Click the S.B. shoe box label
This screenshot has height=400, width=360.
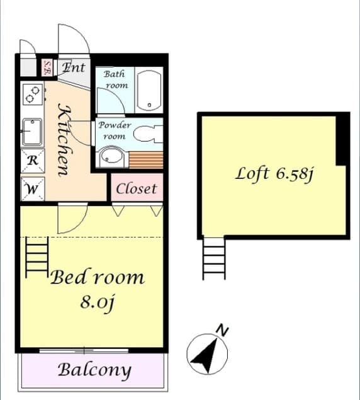pyautogui.click(x=47, y=67)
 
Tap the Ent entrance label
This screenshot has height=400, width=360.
pyautogui.click(x=74, y=67)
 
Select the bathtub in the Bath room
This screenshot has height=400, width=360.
pyautogui.click(x=149, y=90)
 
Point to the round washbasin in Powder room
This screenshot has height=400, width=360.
pyautogui.click(x=111, y=156)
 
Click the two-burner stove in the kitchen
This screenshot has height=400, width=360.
pyautogui.click(x=33, y=94)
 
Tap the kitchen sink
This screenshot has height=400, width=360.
pyautogui.click(x=32, y=132)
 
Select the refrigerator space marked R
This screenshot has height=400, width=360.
pyautogui.click(x=33, y=161)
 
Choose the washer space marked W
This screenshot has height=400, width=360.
pyautogui.click(x=33, y=189)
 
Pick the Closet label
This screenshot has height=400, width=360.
pyautogui.click(x=137, y=189)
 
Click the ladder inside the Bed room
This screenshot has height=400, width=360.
pyautogui.click(x=37, y=257)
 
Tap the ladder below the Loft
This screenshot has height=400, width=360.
pyautogui.click(x=214, y=258)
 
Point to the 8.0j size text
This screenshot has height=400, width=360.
pyautogui.click(x=97, y=302)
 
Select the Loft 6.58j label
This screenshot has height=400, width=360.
pyautogui.click(x=274, y=174)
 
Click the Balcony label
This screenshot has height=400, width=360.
pyautogui.click(x=94, y=370)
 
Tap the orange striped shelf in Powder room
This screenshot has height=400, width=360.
pyautogui.click(x=146, y=160)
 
